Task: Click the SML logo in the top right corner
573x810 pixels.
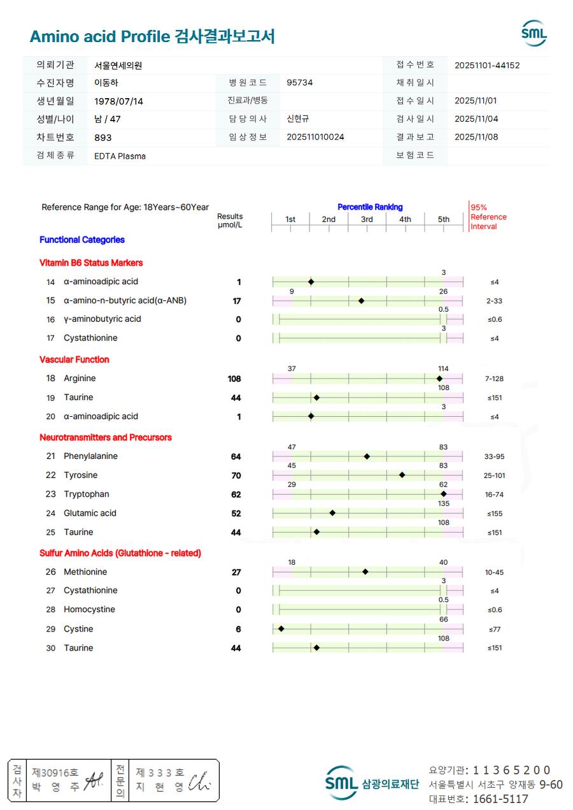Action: click(x=534, y=33)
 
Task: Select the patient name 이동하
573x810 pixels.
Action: click(x=106, y=83)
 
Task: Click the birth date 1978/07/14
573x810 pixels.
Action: click(x=118, y=101)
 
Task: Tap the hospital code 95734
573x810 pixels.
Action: click(x=299, y=83)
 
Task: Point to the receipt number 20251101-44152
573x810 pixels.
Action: click(x=487, y=65)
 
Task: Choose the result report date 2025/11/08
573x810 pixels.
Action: click(x=476, y=137)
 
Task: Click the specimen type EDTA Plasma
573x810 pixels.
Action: click(x=120, y=155)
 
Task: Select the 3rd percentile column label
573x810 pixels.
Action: click(x=367, y=219)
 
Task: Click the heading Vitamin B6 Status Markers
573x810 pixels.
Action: click(x=91, y=263)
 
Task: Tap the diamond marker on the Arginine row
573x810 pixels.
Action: click(x=439, y=379)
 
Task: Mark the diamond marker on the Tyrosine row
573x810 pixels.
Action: click(x=402, y=475)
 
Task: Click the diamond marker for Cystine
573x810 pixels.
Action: click(x=281, y=629)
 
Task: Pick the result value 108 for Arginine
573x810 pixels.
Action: click(x=234, y=379)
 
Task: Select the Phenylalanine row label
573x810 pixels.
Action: click(x=90, y=456)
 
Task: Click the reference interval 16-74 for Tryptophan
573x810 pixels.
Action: click(x=494, y=495)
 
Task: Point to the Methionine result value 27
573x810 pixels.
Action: click(x=236, y=572)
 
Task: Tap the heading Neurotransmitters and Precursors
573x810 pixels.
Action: click(x=106, y=437)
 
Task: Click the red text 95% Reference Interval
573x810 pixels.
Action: click(x=488, y=217)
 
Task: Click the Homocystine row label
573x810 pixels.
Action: click(x=89, y=610)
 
